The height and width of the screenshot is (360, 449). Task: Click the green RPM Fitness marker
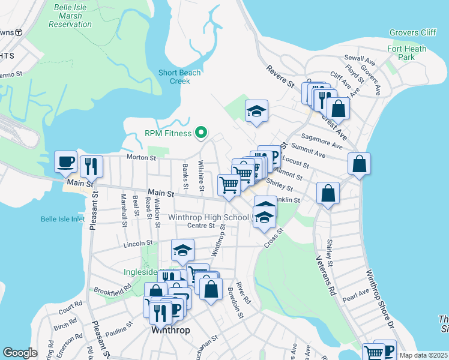point(202,133)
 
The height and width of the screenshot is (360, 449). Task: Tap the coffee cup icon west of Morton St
point(65,161)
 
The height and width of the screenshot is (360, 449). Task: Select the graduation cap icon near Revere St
point(256,110)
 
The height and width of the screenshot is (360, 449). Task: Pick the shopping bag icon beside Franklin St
point(328,193)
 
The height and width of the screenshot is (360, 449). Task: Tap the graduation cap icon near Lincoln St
point(182,250)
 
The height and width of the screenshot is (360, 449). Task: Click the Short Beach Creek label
point(179,77)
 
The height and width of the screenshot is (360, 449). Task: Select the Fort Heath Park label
point(406,53)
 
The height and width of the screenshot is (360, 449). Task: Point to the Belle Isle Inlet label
point(63,219)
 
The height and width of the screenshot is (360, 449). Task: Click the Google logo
point(20,352)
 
